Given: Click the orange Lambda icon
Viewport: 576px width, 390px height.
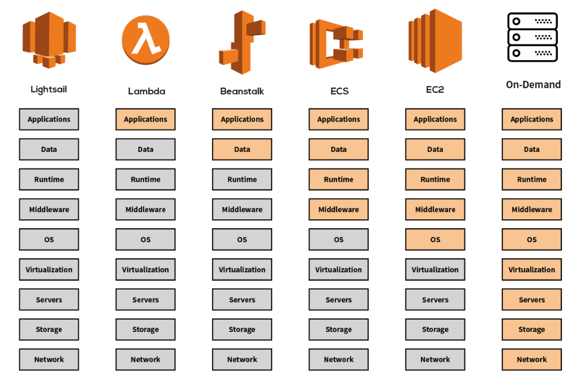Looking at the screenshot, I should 145,40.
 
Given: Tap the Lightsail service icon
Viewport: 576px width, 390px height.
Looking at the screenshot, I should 49,40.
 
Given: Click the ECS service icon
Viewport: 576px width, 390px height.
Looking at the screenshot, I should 336,44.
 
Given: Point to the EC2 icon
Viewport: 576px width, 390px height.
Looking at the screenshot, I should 435,41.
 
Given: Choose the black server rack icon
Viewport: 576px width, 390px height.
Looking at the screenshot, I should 532,37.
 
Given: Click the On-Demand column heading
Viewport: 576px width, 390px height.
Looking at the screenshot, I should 533,85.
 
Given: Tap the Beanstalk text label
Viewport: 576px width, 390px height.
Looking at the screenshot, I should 242,91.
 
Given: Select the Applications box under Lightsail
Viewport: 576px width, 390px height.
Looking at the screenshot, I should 49,119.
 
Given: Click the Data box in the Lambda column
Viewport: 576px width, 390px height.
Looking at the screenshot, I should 145,149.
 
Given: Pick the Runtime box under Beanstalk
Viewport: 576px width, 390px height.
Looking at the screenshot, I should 242,179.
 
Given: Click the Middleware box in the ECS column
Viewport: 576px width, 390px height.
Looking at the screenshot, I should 339,209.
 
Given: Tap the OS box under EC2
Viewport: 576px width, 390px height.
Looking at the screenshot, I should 435,239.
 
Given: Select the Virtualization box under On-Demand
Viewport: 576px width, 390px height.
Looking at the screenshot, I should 532,270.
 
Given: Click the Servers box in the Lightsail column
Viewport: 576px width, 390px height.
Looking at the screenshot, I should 49,300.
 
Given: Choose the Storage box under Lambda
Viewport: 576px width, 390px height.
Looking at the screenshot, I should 145,330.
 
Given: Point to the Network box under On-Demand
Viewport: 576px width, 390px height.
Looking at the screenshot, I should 532,359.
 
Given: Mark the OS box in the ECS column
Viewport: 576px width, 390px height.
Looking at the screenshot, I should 339,239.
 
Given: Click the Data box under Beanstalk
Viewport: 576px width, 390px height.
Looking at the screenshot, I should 242,149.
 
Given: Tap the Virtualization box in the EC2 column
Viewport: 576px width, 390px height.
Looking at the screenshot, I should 435,270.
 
